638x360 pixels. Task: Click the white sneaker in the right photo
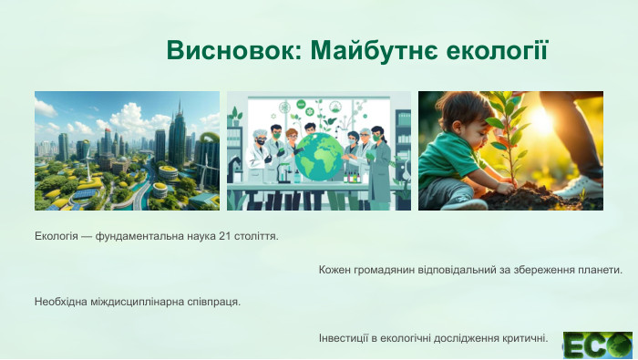coord(582,187)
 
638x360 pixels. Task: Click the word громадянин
coord(392,270)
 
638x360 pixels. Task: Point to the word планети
coord(601,270)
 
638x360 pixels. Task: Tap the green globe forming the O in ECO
coord(620,345)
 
